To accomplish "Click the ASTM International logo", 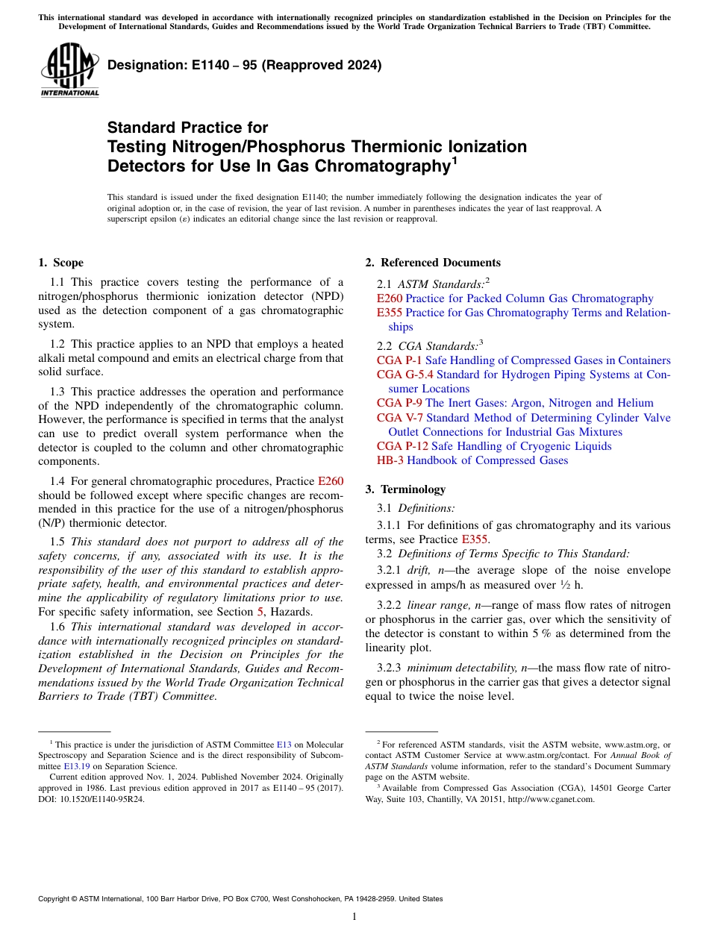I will tap(69, 70).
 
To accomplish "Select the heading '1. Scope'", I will tap(60, 263).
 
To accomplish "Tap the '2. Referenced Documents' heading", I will tap(432, 263).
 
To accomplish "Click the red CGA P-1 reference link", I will tap(399, 360).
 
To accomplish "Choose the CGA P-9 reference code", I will tap(399, 403).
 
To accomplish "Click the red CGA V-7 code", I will tap(400, 418).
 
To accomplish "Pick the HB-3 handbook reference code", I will tap(390, 460).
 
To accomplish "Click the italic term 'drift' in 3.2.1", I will tap(419, 571).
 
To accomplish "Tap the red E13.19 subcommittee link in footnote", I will tap(81, 765).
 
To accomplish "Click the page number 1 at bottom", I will tap(354, 917).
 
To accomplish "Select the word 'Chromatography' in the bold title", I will tap(381, 166).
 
